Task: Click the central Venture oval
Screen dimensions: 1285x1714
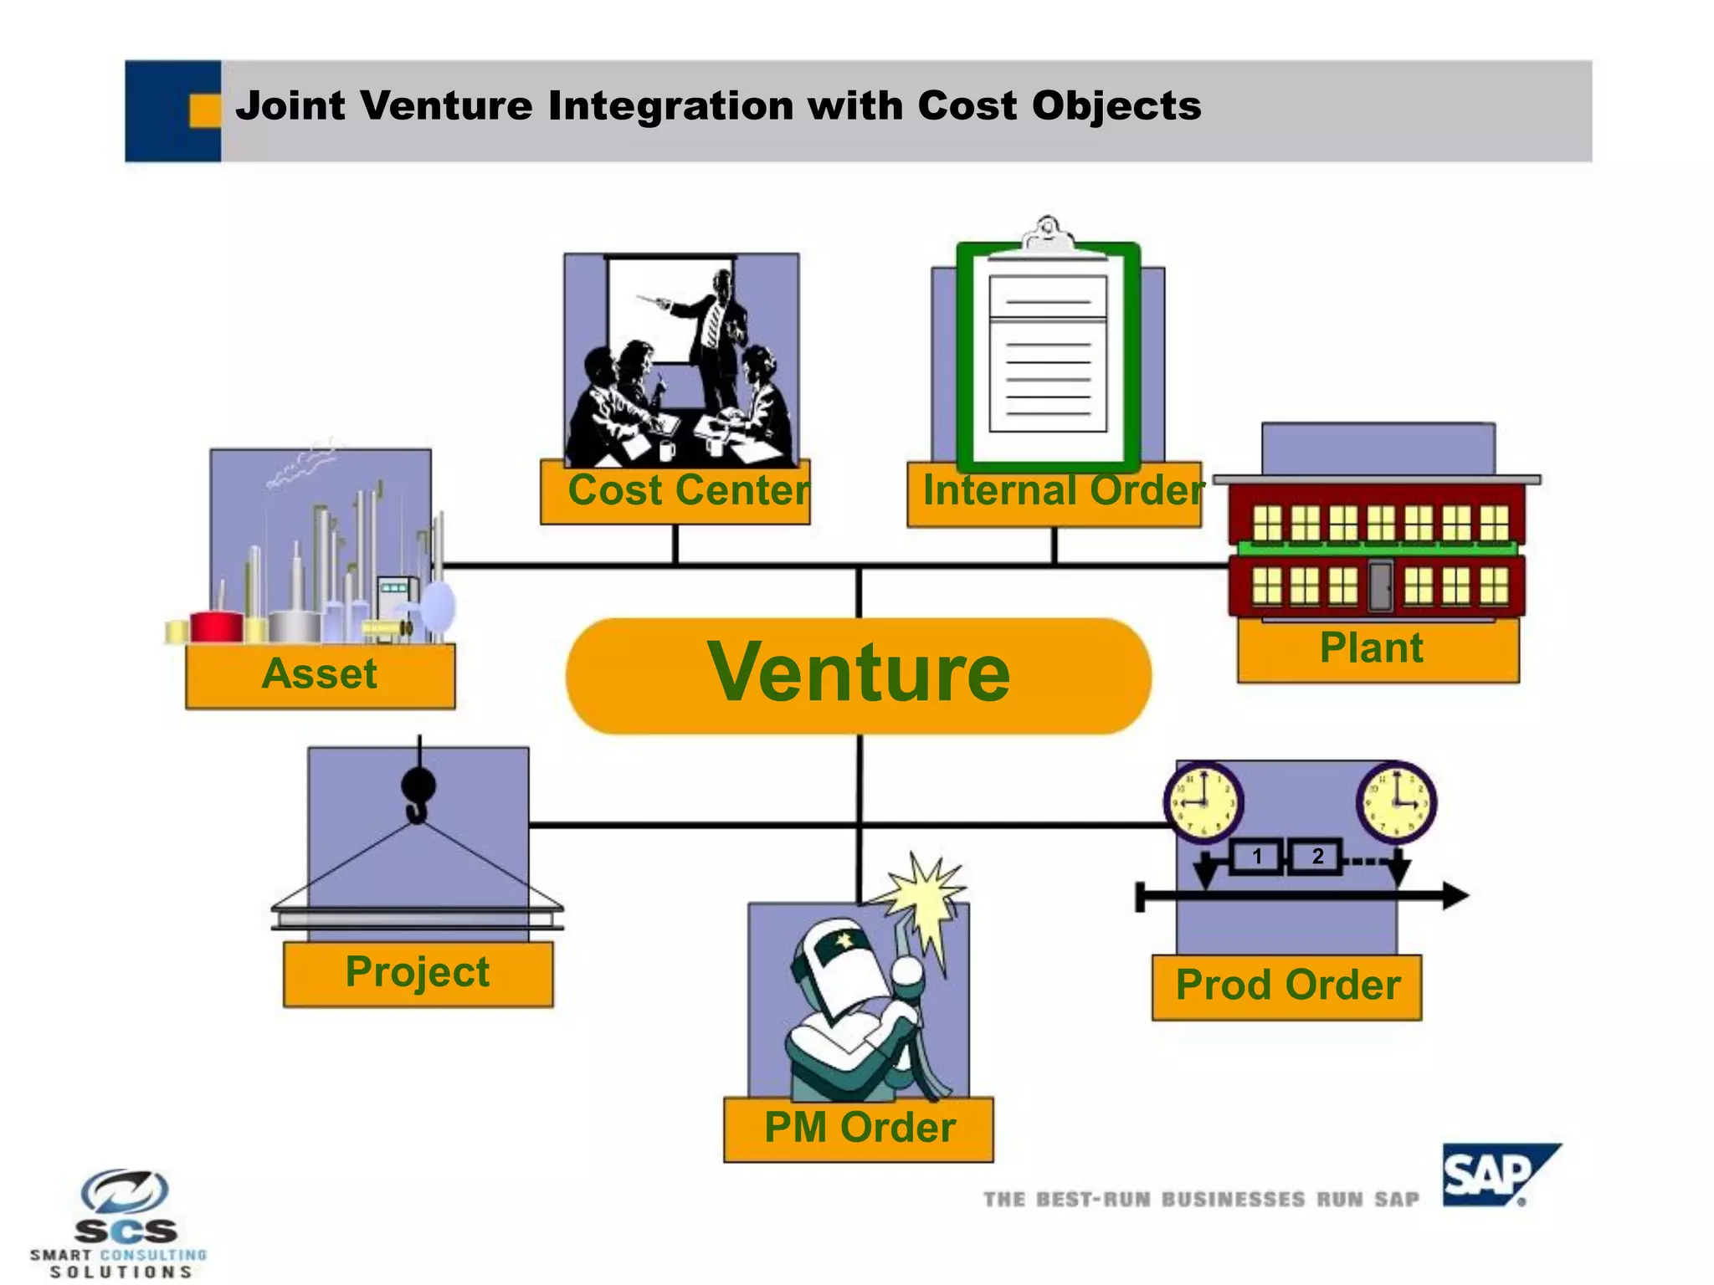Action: click(859, 674)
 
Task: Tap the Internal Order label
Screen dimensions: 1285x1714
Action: click(1055, 494)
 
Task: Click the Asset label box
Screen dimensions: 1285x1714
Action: click(321, 676)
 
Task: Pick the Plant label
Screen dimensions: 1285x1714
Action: click(1377, 650)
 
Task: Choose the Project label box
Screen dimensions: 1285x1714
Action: click(418, 974)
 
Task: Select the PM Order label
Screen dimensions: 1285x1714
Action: click(859, 1129)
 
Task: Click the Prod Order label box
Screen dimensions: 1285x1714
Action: click(1286, 986)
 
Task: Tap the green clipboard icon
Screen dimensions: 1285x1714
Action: click(1048, 356)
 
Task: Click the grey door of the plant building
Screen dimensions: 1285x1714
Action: click(1381, 586)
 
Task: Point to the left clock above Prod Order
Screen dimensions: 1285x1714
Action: click(1203, 801)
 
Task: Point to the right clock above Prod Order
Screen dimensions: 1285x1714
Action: click(1396, 801)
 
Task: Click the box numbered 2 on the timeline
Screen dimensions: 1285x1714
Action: click(1316, 856)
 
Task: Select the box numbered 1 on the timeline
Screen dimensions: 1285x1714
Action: click(1256, 856)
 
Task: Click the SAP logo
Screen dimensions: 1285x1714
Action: click(1495, 1175)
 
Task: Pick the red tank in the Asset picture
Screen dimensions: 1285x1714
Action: click(216, 626)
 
